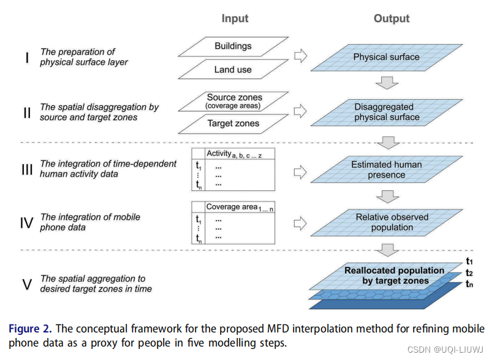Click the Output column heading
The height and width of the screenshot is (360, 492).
[x=391, y=18]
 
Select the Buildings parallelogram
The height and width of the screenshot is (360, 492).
[x=233, y=46]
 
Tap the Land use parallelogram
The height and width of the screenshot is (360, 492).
[x=233, y=70]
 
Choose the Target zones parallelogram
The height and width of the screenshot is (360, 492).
[x=233, y=124]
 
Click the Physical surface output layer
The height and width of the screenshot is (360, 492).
[x=386, y=58]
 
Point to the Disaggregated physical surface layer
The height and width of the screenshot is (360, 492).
[x=387, y=112]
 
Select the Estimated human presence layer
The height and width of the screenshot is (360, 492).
[x=387, y=170]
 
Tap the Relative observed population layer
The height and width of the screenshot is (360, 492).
[x=387, y=222]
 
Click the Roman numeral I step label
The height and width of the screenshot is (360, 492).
[x=26, y=58]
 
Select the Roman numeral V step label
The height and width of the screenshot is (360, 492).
[x=26, y=283]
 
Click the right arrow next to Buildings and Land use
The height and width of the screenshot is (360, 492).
[x=300, y=57]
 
